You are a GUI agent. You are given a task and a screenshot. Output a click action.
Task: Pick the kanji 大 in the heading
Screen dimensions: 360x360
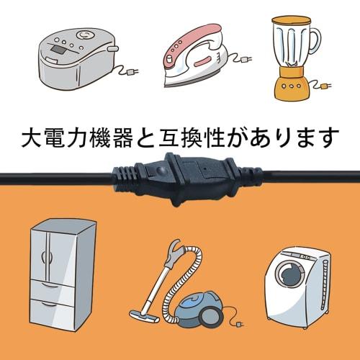pyautogui.click(x=33, y=135)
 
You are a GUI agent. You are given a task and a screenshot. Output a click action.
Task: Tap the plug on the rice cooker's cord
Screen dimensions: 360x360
pyautogui.click(x=132, y=71)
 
